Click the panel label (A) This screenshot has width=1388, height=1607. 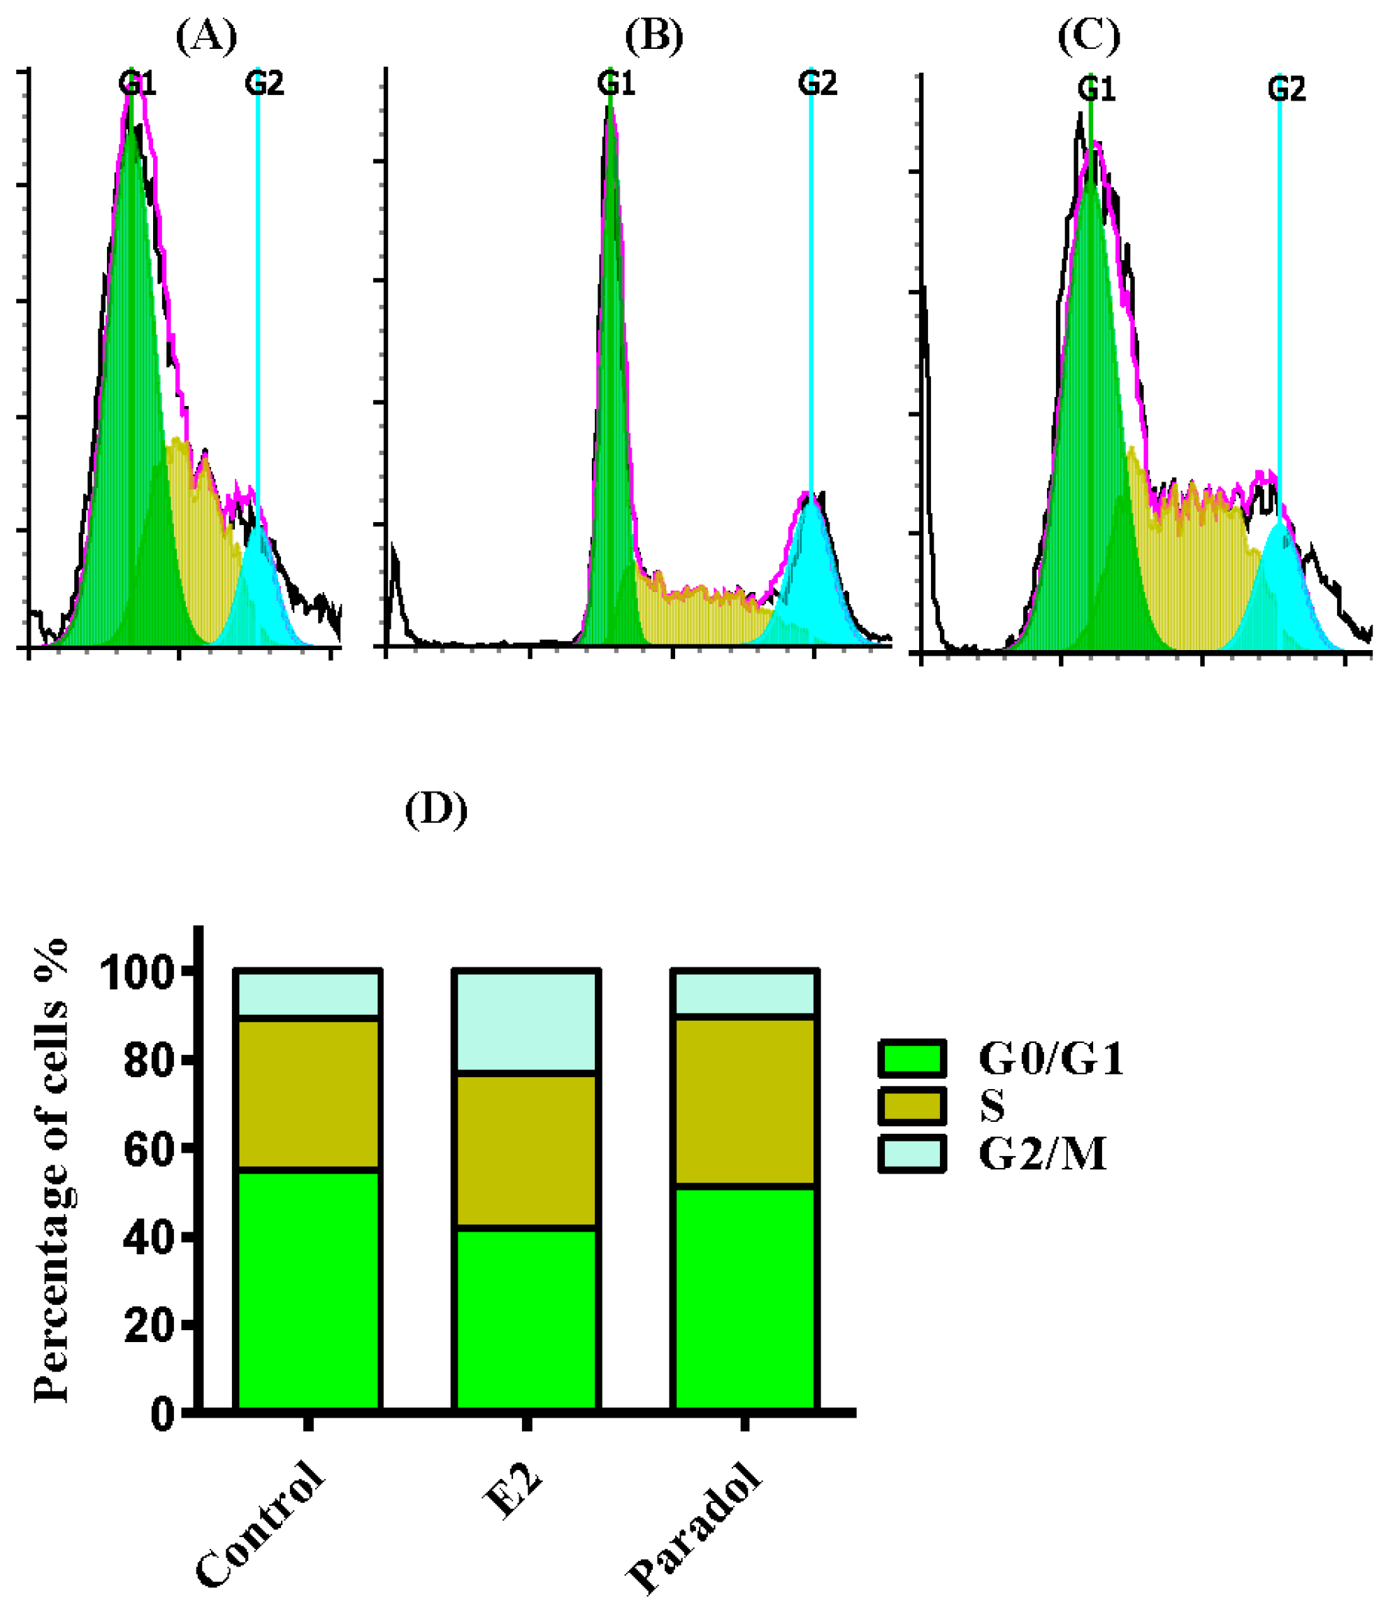click(x=206, y=36)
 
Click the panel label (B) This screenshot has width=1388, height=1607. click(x=653, y=36)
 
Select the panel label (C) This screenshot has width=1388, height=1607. click(x=1089, y=36)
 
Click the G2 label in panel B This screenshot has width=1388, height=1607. click(x=817, y=83)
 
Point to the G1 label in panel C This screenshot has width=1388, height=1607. click(x=1096, y=90)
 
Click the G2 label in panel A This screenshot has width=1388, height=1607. click(x=263, y=83)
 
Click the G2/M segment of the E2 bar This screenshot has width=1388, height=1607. click(x=526, y=1021)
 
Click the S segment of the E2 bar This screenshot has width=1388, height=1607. click(x=526, y=1150)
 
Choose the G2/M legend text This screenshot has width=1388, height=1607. click(x=1042, y=1154)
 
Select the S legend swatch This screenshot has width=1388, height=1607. click(x=912, y=1106)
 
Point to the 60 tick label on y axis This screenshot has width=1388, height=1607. click(x=149, y=1148)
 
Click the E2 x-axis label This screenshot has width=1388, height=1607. click(x=512, y=1492)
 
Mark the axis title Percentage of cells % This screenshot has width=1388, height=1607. click(x=52, y=1171)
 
